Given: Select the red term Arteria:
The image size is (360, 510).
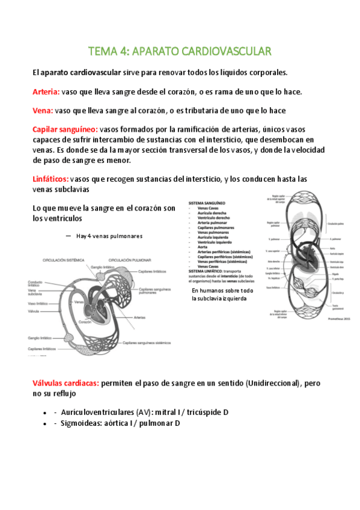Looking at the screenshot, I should [46, 92].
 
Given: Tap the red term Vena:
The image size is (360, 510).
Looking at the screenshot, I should [43, 111].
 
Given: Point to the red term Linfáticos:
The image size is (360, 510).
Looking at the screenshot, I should [50, 179].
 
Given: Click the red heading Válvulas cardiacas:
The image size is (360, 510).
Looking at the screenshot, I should [66, 382].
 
